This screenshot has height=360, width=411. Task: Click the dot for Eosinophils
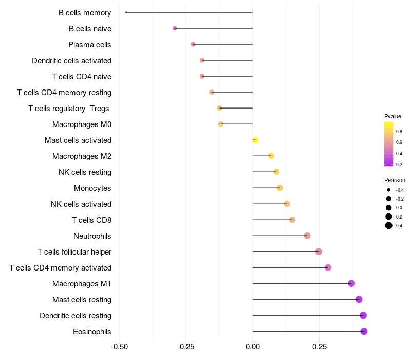coord(364,331)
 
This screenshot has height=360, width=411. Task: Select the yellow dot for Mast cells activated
coord(255,140)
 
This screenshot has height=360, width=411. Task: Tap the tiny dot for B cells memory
coord(126,12)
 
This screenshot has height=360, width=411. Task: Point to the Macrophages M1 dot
coord(351,283)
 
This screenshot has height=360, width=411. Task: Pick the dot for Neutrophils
coord(307,236)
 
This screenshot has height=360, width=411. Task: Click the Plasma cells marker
coord(193,44)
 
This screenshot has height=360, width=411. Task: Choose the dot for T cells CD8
coord(292,220)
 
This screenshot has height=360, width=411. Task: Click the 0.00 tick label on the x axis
coord(253,346)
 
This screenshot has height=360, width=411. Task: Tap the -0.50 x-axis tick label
coord(120,346)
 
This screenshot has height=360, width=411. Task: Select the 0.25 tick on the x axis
coord(319,346)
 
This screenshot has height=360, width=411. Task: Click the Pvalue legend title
coord(393,116)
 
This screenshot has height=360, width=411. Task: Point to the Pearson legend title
coord(395,180)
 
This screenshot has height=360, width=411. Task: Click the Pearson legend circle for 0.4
coord(389,225)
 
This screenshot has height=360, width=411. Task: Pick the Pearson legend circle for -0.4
coord(389,190)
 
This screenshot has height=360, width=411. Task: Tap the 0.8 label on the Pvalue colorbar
coord(399,132)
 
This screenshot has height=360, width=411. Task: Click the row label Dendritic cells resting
coord(76,315)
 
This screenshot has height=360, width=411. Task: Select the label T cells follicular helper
coord(74,251)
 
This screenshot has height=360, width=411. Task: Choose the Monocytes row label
coord(92,188)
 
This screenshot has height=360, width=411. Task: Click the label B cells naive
coord(90,28)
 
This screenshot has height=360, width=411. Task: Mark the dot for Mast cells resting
coord(359,299)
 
